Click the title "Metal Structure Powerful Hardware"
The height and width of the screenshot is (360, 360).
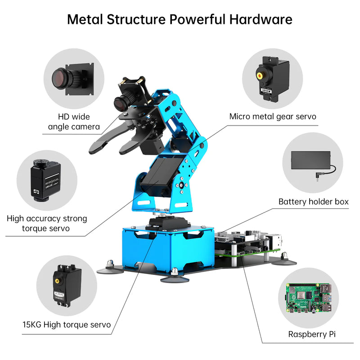coord(180,19)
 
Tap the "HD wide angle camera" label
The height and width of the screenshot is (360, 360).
coord(74,121)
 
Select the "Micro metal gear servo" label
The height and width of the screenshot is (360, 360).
coord(273,117)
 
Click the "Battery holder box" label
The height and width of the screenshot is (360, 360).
coord(313,202)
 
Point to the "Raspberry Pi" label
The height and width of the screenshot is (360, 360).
coord(311,334)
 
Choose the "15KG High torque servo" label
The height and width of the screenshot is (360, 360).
coord(67,324)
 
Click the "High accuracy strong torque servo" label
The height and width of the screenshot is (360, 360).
coord(47,224)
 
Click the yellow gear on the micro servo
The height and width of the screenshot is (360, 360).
coord(260,75)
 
